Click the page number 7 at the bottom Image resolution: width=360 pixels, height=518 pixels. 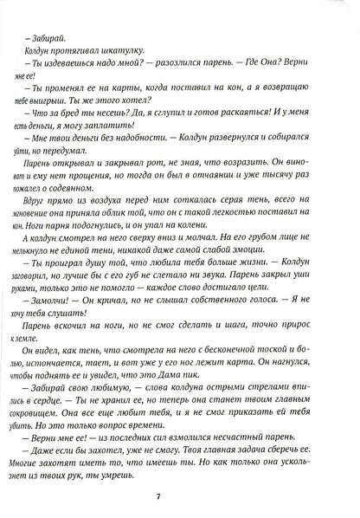[179, 496]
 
